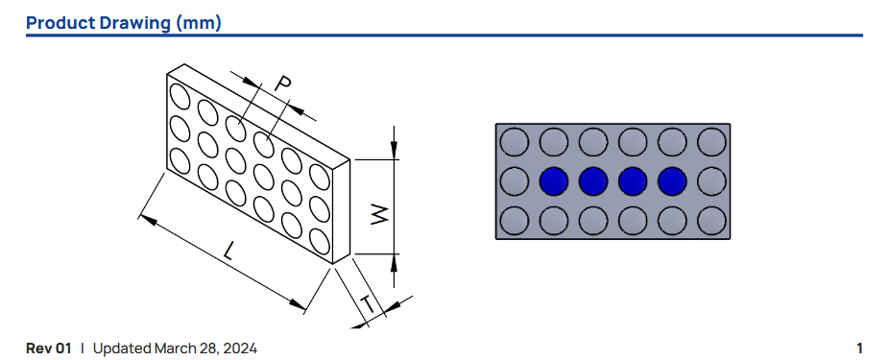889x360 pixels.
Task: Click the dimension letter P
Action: pos(283,84)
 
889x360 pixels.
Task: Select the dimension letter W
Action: pos(378,214)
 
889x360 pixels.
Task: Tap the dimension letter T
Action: pos(369,305)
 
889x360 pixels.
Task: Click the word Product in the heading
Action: pos(60,23)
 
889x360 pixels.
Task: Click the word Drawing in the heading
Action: pos(135,24)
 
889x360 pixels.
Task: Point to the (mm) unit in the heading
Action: pos(199,24)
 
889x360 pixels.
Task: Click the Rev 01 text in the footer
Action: pos(49,348)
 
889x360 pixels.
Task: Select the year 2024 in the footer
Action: pos(242,348)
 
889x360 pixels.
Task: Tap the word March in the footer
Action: pos(173,348)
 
